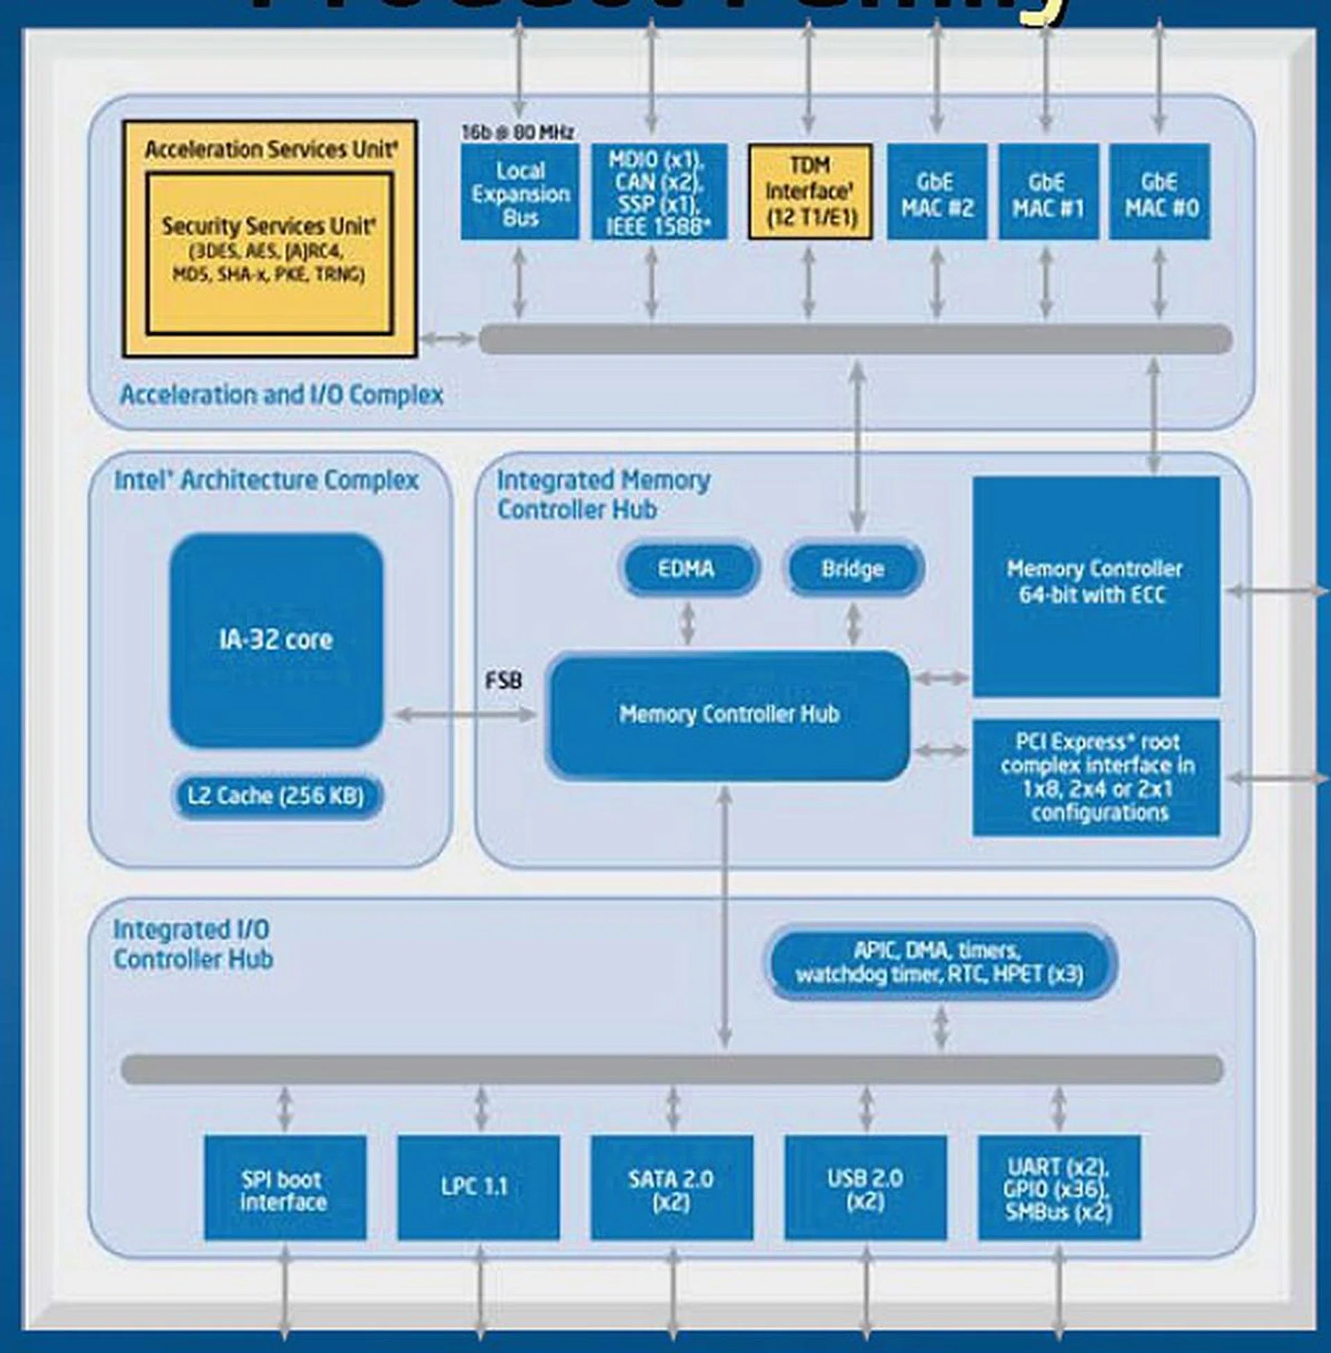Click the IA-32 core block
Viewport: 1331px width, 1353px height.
tap(276, 640)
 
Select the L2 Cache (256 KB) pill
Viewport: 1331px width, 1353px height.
tap(276, 796)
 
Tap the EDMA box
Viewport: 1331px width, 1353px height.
tap(688, 568)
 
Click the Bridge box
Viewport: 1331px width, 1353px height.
tap(853, 568)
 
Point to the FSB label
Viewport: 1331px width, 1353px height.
tap(503, 680)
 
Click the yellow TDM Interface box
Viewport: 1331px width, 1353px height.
tap(810, 192)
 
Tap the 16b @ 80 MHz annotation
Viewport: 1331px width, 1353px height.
tap(517, 132)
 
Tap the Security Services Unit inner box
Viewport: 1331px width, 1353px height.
tap(269, 252)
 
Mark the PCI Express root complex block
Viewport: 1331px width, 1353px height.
tap(1096, 777)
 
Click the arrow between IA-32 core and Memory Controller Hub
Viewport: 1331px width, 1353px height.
tap(465, 714)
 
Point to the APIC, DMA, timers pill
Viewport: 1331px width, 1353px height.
tap(940, 962)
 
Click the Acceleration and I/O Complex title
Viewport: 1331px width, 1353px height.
tap(281, 395)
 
